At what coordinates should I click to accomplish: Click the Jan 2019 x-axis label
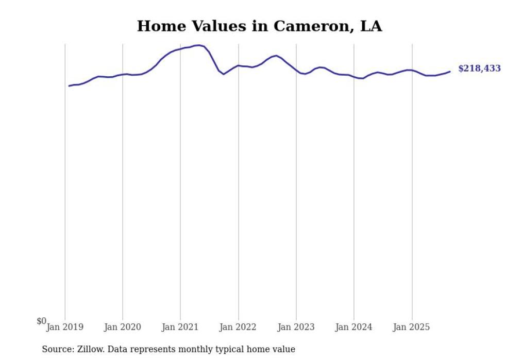click(65, 327)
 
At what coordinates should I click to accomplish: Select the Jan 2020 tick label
click(123, 327)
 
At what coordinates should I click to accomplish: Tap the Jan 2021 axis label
click(180, 327)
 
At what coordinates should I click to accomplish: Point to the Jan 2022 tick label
click(238, 327)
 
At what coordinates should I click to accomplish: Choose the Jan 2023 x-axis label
click(296, 327)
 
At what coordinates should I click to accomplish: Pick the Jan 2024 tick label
click(353, 327)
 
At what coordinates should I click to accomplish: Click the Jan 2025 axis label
click(411, 327)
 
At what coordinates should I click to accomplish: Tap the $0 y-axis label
click(41, 321)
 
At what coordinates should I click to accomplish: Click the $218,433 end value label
click(479, 68)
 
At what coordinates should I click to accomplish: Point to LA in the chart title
click(371, 26)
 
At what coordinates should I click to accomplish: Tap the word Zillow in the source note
click(91, 349)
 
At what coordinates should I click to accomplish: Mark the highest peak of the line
click(199, 45)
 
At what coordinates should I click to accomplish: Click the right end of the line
click(450, 72)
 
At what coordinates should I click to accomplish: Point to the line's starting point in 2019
click(69, 85)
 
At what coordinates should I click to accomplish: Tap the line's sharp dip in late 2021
click(224, 74)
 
